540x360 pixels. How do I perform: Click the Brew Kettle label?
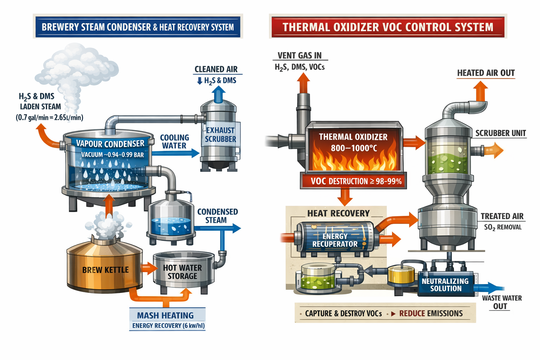click(105, 270)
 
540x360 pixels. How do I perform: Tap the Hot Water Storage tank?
click(183, 272)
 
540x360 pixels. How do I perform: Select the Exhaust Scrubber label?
click(220, 135)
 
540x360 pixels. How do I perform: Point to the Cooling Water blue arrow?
click(176, 153)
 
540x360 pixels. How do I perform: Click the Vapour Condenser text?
click(110, 143)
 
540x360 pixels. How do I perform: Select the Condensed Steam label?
click(217, 216)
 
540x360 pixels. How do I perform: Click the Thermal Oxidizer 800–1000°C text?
click(353, 142)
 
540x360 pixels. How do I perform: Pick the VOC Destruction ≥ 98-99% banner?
click(354, 181)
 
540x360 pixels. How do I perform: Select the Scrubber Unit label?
click(500, 133)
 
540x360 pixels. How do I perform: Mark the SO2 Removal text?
click(503, 227)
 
